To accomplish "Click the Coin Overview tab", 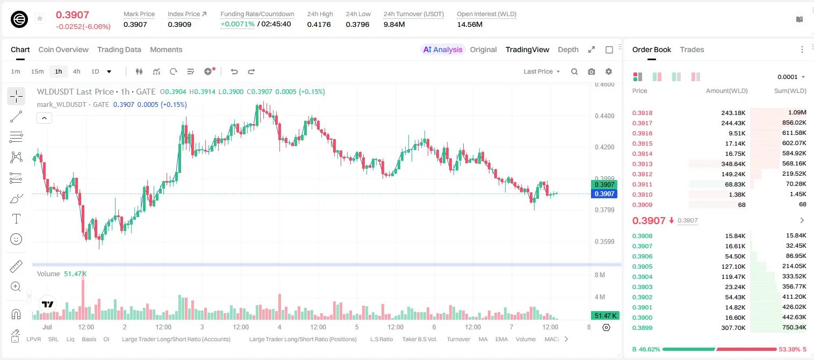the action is coord(63,49).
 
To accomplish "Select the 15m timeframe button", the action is coord(37,71).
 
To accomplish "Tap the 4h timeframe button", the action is coord(76,71).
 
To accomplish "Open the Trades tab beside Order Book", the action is coord(691,49).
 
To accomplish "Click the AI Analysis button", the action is coord(443,49).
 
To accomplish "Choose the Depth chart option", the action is coord(568,49).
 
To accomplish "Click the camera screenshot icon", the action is coord(591,71).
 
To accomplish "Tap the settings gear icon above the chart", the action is coord(609,71).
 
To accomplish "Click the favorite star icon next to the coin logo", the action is coord(40,18).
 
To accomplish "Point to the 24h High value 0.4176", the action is coord(319,24).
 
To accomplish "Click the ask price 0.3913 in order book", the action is coord(642,164).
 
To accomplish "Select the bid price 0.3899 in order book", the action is coord(642,328).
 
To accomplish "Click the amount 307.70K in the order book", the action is coord(733,328).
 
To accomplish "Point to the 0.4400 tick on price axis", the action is coord(604,116).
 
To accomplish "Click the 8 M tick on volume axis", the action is coord(600,275).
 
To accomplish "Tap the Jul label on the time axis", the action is coord(47,327).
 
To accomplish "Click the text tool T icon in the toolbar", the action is coord(16,219).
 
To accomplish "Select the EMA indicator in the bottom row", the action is coord(501,339).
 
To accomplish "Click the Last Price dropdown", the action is coord(542,71).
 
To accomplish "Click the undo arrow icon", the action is coord(234,71).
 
